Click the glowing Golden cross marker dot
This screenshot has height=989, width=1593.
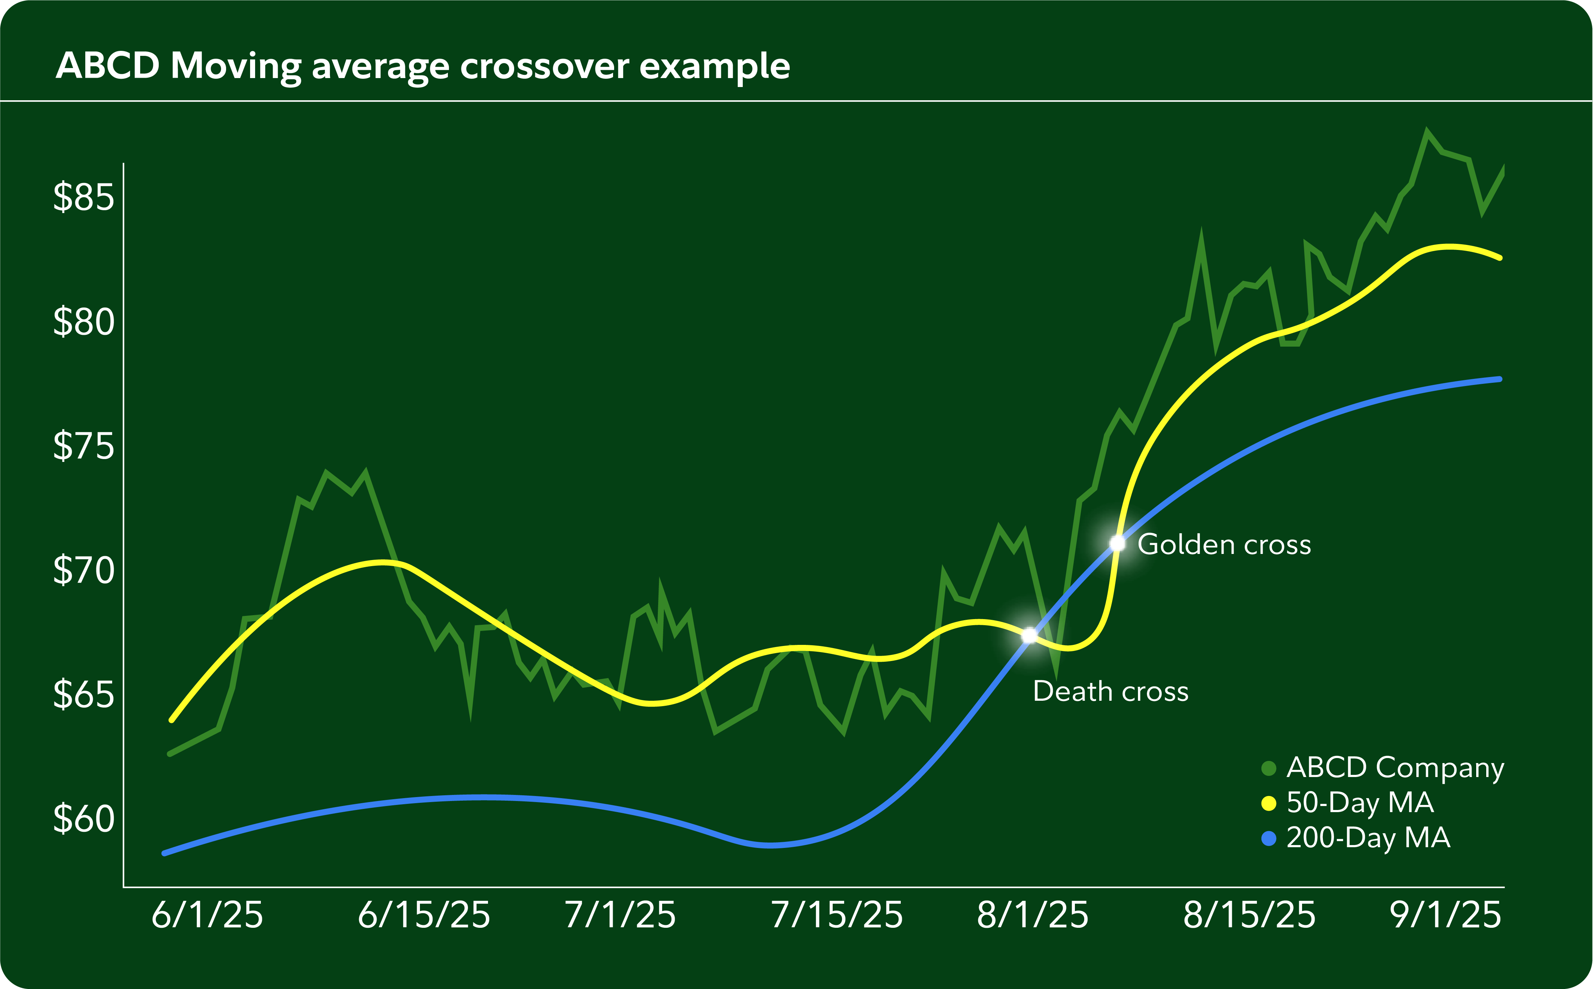(x=1117, y=543)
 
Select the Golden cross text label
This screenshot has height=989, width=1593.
(x=1224, y=544)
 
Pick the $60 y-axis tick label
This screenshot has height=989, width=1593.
(x=84, y=818)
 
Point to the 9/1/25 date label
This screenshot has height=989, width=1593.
(x=1445, y=915)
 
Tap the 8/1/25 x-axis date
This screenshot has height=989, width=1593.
(x=1032, y=915)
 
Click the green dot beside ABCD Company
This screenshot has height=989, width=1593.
(x=1268, y=768)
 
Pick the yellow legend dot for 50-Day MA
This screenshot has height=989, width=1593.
(x=1268, y=803)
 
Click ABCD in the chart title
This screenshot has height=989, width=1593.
(x=108, y=66)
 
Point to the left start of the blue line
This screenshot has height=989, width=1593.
(x=164, y=853)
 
